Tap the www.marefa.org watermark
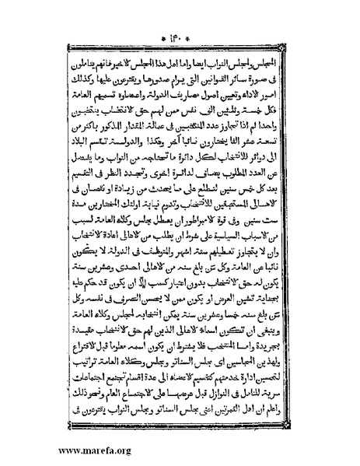click(x=47, y=450)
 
